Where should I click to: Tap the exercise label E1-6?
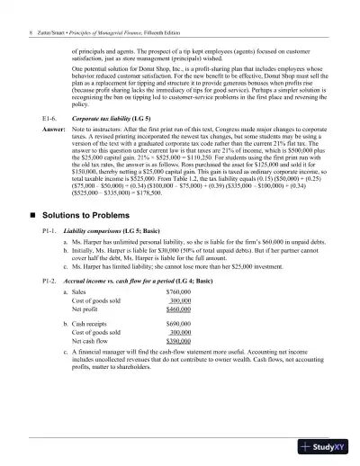(x=50, y=118)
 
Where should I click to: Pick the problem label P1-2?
(x=51, y=306)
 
